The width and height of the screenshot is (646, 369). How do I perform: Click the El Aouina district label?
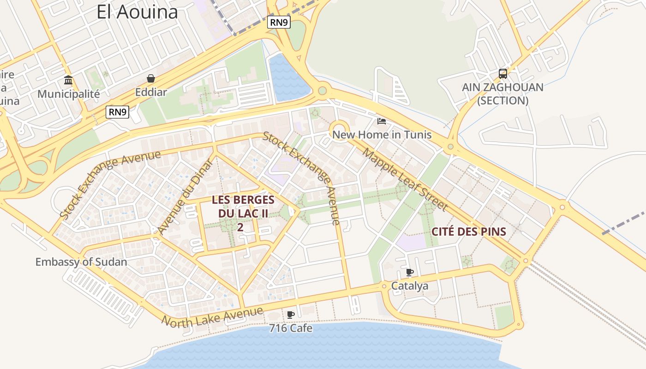(x=137, y=12)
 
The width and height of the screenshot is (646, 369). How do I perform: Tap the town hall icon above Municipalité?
(x=68, y=80)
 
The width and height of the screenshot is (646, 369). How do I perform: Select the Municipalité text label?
(x=68, y=94)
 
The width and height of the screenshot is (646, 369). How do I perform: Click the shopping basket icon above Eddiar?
(x=151, y=78)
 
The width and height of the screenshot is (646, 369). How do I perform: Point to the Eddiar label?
(x=151, y=92)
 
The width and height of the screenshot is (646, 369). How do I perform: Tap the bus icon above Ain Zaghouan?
(x=502, y=74)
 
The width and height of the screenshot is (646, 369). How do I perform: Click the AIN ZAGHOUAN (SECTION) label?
(x=502, y=94)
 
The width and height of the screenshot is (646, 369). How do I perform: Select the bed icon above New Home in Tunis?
(x=382, y=121)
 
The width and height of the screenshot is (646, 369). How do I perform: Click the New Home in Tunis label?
(x=382, y=135)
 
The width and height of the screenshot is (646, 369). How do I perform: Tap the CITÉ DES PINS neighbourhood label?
(x=469, y=232)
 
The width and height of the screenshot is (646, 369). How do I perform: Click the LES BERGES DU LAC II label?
(x=243, y=213)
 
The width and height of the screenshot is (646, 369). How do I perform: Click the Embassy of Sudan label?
(x=81, y=262)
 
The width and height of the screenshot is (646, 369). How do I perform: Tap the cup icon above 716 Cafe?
(x=290, y=315)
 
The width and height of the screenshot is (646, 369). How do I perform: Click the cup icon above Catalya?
(x=409, y=272)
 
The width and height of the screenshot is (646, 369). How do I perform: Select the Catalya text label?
(x=409, y=286)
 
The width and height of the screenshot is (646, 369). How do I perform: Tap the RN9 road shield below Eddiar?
(x=117, y=112)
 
